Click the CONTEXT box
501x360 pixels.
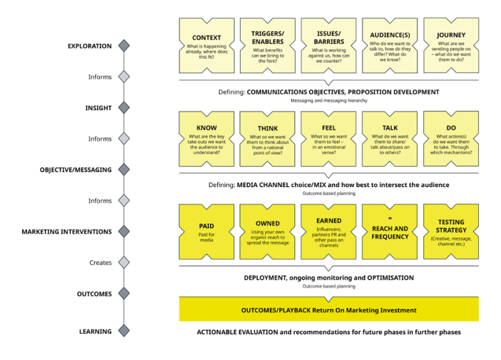(207, 45)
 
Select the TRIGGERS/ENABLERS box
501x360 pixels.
(267, 45)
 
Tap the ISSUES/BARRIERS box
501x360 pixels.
(329, 45)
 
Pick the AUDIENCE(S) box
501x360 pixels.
(389, 45)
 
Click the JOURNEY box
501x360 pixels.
(451, 45)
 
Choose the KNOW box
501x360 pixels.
(207, 138)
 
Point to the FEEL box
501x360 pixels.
(329, 138)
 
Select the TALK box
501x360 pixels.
(389, 138)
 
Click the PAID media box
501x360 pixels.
(207, 232)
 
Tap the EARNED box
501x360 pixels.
(329, 232)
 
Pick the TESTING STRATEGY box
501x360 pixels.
(451, 232)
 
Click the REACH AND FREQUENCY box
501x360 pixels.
(389, 232)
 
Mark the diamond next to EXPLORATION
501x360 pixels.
(124, 46)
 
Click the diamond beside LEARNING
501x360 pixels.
(124, 331)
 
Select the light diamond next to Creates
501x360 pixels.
(124, 263)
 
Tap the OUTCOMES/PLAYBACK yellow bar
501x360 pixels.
(329, 310)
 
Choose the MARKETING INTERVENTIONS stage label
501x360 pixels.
(67, 232)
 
